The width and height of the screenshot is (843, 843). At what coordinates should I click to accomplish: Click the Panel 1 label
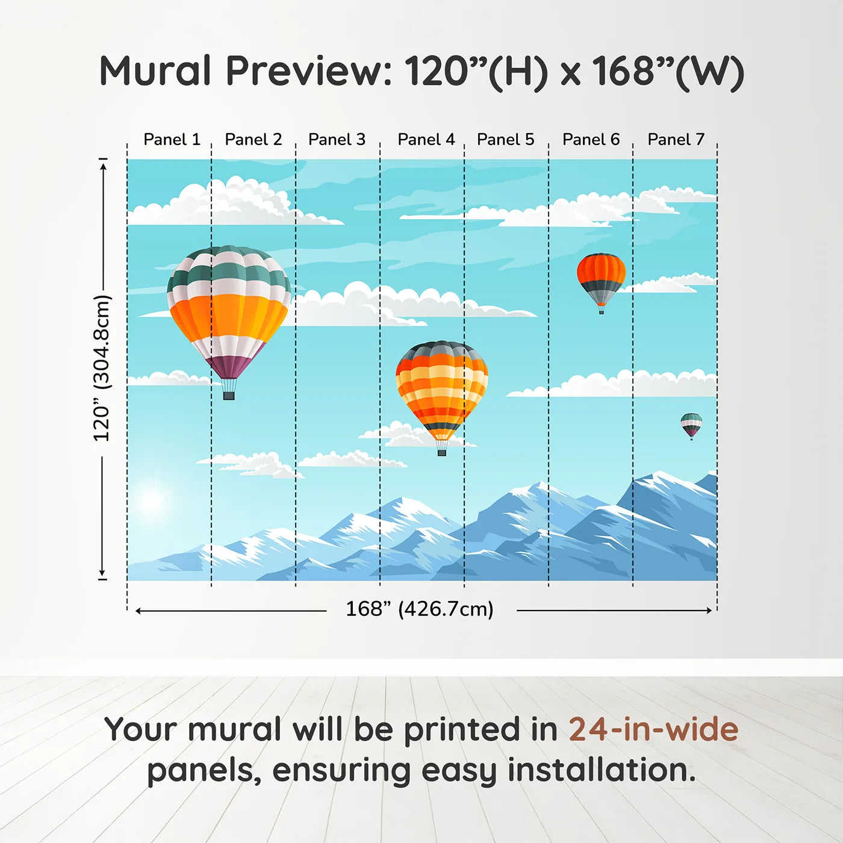172,140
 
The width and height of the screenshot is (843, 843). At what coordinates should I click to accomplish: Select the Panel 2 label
253,140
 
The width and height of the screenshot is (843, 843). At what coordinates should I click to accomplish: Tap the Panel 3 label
337,140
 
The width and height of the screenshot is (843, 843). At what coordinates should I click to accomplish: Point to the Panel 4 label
426,140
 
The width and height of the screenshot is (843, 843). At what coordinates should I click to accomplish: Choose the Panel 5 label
505,140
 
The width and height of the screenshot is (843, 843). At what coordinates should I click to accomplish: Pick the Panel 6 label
591,140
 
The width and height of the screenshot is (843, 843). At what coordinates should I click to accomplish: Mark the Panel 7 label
676,140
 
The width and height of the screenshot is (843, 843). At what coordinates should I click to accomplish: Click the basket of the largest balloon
229,396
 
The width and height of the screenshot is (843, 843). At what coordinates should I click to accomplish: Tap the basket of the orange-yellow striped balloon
441,452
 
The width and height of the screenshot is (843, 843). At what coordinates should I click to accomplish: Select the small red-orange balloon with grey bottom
601,279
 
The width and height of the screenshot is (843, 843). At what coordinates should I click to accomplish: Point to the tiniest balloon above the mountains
691,425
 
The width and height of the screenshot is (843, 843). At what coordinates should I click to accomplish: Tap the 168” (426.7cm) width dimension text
419,609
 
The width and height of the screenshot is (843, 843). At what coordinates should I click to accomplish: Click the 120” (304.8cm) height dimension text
102,368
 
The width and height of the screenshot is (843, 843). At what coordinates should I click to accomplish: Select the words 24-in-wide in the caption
653,730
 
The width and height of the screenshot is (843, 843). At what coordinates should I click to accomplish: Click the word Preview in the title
308,71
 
